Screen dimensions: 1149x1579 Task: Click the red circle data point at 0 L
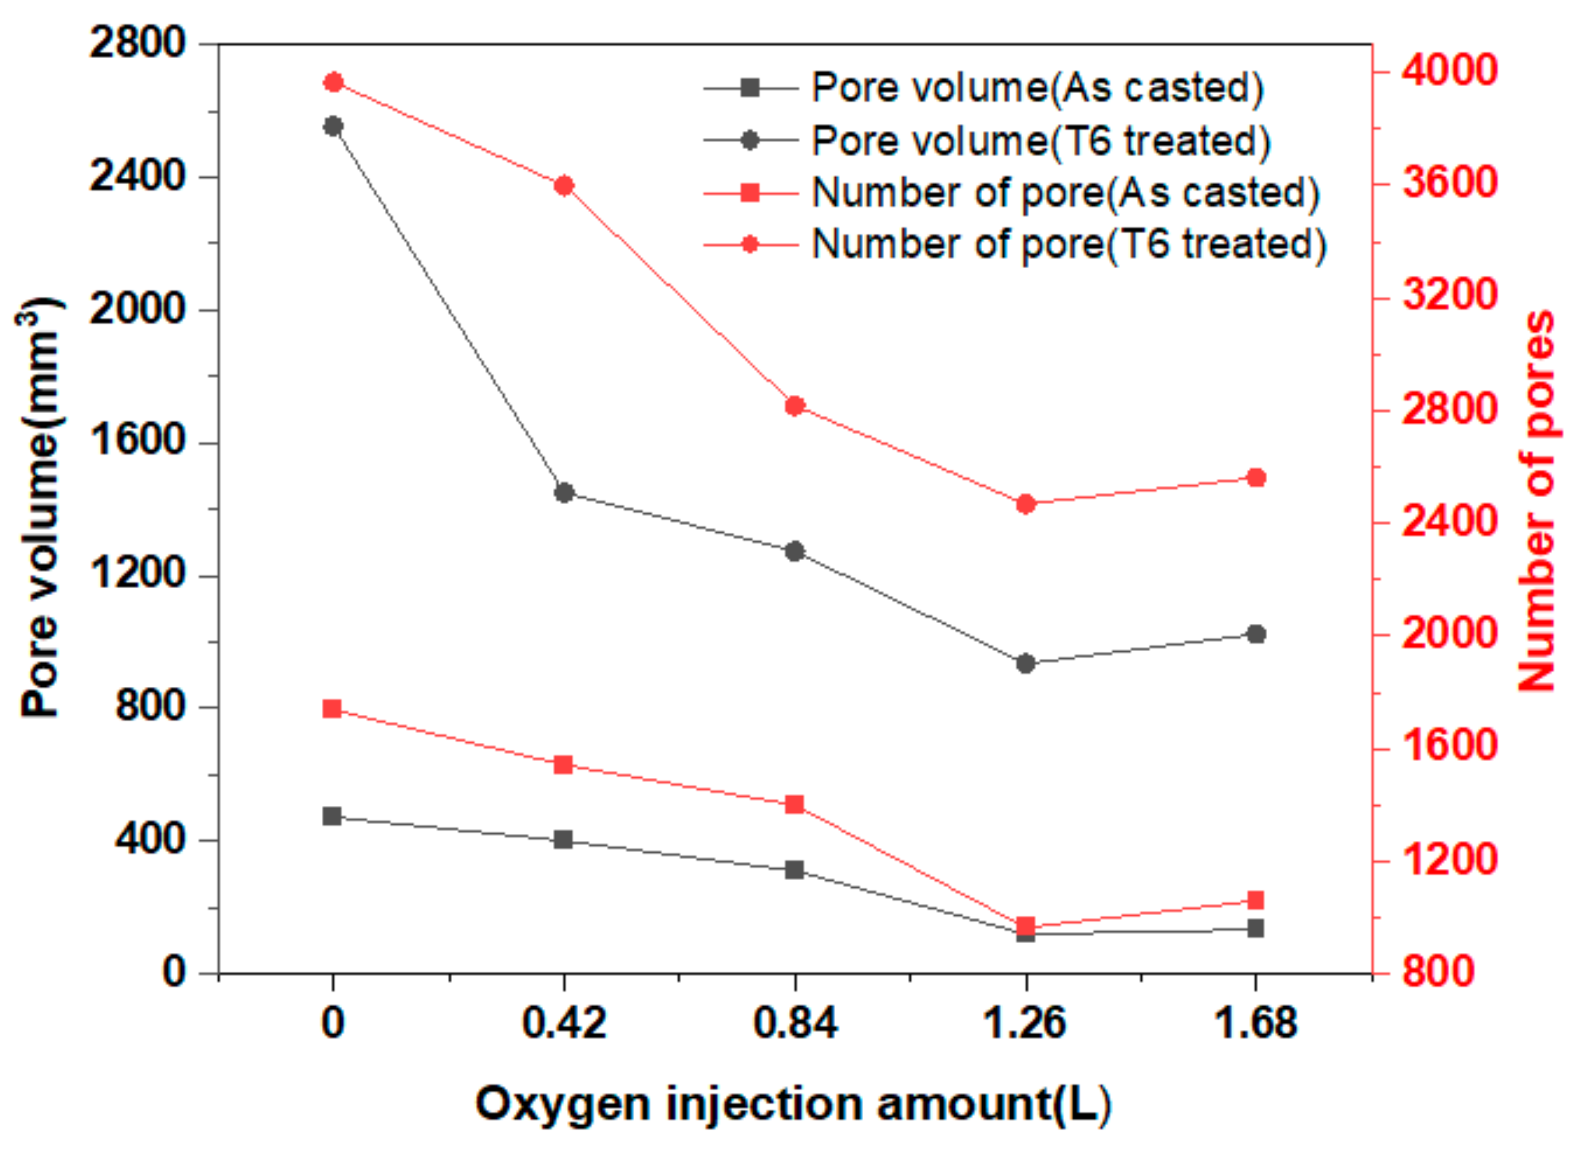coord(333,82)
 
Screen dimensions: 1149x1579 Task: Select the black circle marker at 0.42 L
coord(564,493)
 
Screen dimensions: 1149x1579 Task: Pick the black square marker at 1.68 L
coord(1255,928)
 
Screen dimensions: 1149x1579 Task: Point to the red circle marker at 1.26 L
coord(1025,504)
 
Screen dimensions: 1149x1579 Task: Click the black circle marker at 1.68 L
coord(1256,634)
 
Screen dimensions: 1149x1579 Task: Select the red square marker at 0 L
coord(332,709)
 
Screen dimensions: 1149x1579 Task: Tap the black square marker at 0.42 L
coord(563,839)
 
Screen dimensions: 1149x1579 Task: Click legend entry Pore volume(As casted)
coord(1037,88)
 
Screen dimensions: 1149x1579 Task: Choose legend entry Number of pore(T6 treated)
coord(1070,245)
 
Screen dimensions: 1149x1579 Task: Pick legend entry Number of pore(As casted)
coord(1065,192)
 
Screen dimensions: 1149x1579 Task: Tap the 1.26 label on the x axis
coord(1024,1024)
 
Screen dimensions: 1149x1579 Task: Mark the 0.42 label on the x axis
coord(564,1024)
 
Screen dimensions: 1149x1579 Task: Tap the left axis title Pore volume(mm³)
coord(40,508)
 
